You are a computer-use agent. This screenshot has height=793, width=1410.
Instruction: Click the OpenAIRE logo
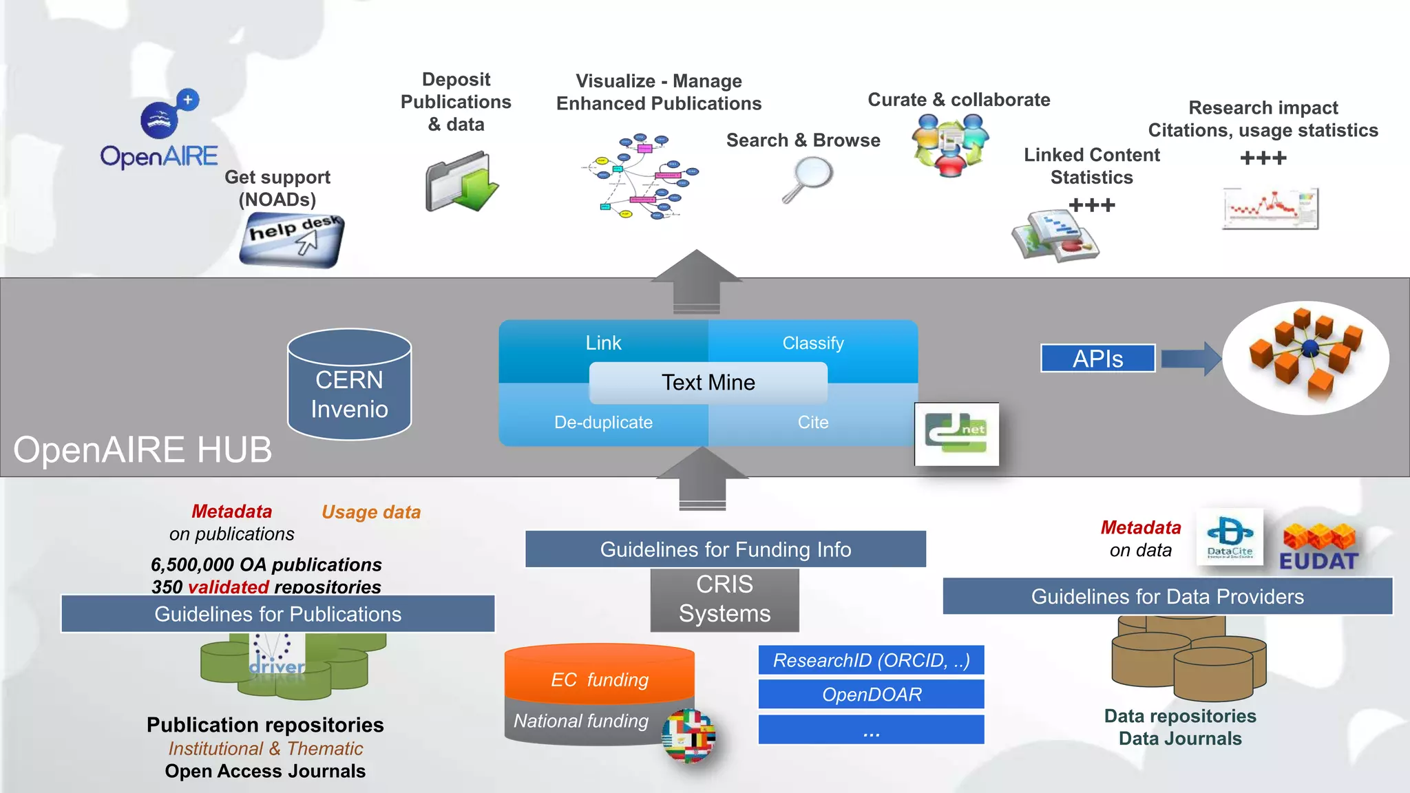[x=160, y=131]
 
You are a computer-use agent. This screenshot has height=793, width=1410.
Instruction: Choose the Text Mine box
[x=708, y=383]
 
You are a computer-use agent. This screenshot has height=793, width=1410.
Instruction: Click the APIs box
[x=1097, y=359]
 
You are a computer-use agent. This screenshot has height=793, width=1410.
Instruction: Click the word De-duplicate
[x=603, y=422]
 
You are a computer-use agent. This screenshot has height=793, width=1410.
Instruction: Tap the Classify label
[x=812, y=343]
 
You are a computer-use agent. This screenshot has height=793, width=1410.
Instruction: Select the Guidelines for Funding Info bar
[x=725, y=549]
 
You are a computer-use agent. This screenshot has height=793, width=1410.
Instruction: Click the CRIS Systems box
[x=724, y=599]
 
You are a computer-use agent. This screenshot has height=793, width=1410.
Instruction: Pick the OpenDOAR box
[x=871, y=695]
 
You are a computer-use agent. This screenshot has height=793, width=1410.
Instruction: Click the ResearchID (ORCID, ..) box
[x=871, y=660]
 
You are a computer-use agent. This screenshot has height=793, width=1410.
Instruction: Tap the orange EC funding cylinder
[x=599, y=675]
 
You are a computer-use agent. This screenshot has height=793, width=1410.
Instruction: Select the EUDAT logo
[x=1318, y=548]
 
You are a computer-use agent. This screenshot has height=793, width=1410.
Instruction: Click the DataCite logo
[x=1230, y=537]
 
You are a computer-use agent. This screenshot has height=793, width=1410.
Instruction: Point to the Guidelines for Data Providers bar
[x=1167, y=596]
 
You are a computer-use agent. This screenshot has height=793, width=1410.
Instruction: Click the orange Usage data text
[x=371, y=512]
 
